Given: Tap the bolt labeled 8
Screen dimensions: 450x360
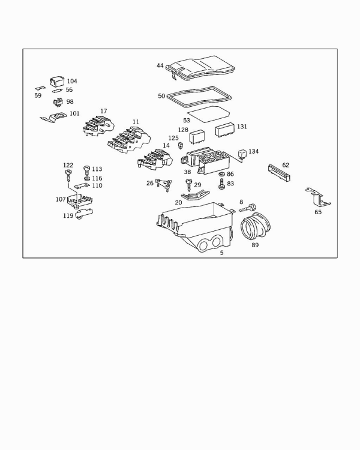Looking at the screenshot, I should (247, 208).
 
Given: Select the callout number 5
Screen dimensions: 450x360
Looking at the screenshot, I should (221, 253).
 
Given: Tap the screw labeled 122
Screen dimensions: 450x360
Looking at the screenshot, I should (67, 175).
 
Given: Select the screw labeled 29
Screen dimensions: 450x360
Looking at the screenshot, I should (188, 184).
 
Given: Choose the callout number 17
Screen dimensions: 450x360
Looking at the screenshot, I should (104, 111).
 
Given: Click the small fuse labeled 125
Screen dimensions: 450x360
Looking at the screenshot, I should (181, 145).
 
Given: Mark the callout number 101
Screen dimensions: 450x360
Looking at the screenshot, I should (74, 113).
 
